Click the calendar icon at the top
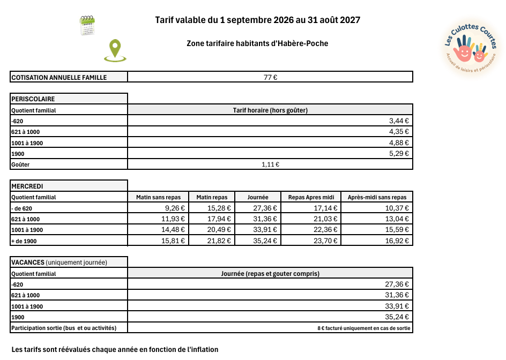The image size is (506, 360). pyautogui.click(x=87, y=26)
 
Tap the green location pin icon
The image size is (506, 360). pyautogui.click(x=114, y=50)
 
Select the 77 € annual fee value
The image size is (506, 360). pyautogui.click(x=270, y=77)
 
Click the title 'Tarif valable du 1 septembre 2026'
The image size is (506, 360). pyautogui.click(x=257, y=20)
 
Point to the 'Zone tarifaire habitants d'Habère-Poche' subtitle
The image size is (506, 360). pyautogui.click(x=257, y=43)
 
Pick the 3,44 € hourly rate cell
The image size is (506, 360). pyautogui.click(x=399, y=121)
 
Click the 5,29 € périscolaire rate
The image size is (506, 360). pyautogui.click(x=399, y=154)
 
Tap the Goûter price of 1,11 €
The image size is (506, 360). pyautogui.click(x=270, y=164)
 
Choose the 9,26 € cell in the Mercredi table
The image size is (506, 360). pyautogui.click(x=174, y=208)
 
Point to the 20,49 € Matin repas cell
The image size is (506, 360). pyautogui.click(x=220, y=230)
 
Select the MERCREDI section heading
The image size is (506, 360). pyautogui.click(x=28, y=186)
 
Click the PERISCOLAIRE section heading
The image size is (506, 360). pyautogui.click(x=33, y=99)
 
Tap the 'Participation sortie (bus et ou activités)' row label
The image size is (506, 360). pyautogui.click(x=64, y=327)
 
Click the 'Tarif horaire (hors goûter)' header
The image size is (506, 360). pyautogui.click(x=270, y=110)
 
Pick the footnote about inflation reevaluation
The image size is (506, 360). pyautogui.click(x=115, y=349)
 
